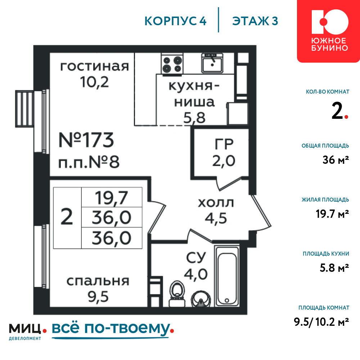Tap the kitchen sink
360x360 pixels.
click(x=212, y=63)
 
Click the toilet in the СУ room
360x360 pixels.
click(x=177, y=294)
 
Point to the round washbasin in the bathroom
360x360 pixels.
click(x=201, y=298)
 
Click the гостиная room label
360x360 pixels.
click(x=94, y=66)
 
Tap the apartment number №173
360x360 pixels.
click(x=86, y=140)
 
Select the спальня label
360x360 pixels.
click(x=98, y=281)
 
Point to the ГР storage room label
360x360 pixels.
click(x=224, y=144)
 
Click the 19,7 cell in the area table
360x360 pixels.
click(x=112, y=198)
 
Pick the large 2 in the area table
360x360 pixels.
click(x=67, y=217)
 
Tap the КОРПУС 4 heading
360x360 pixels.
click(x=175, y=21)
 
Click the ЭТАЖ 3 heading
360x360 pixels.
click(x=255, y=21)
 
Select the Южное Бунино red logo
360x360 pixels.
click(x=329, y=31)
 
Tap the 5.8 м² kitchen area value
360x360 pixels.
click(x=334, y=268)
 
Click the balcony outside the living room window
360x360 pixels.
click(x=24, y=109)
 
